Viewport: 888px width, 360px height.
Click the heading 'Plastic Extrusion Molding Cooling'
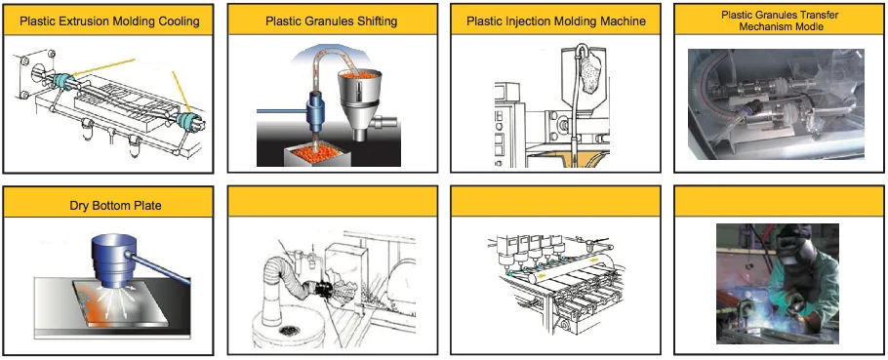[x=109, y=21]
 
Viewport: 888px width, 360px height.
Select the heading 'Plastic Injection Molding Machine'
[x=556, y=21]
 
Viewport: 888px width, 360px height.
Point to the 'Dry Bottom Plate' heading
[x=115, y=205]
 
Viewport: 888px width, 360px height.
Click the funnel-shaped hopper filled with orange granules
[x=360, y=93]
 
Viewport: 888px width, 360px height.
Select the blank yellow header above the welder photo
[x=780, y=202]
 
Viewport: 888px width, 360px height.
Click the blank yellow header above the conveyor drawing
[x=555, y=202]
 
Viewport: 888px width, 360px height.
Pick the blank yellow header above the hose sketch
[x=333, y=202]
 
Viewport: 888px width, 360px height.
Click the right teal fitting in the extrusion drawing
[x=187, y=121]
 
